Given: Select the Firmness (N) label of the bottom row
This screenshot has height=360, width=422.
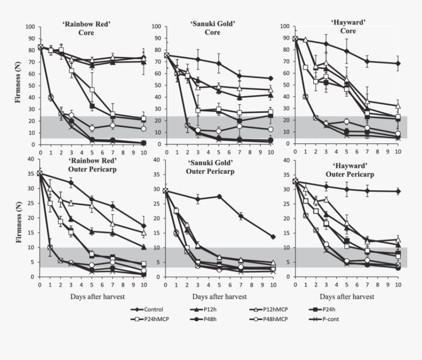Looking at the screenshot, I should (x=20, y=218).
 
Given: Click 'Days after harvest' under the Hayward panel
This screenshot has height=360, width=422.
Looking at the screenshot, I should (x=346, y=297).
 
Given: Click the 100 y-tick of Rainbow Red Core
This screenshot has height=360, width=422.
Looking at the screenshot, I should (x=30, y=26).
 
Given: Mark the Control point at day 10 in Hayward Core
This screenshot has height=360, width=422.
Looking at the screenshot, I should (x=398, y=64).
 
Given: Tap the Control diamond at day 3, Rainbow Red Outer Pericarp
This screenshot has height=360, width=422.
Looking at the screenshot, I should (x=71, y=182).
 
